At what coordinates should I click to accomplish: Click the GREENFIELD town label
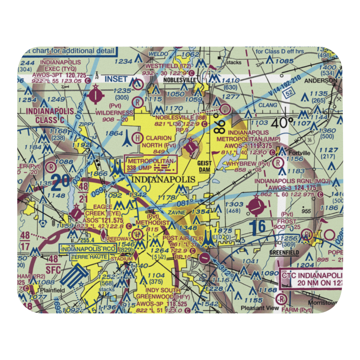pos(284,253)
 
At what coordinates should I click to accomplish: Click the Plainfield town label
pos(52,290)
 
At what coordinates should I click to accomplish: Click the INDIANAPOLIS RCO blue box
pos(88,249)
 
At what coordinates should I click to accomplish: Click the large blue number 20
pos(60,183)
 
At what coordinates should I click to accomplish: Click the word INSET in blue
pos(116,79)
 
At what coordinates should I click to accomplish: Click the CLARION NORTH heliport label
pos(158,141)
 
